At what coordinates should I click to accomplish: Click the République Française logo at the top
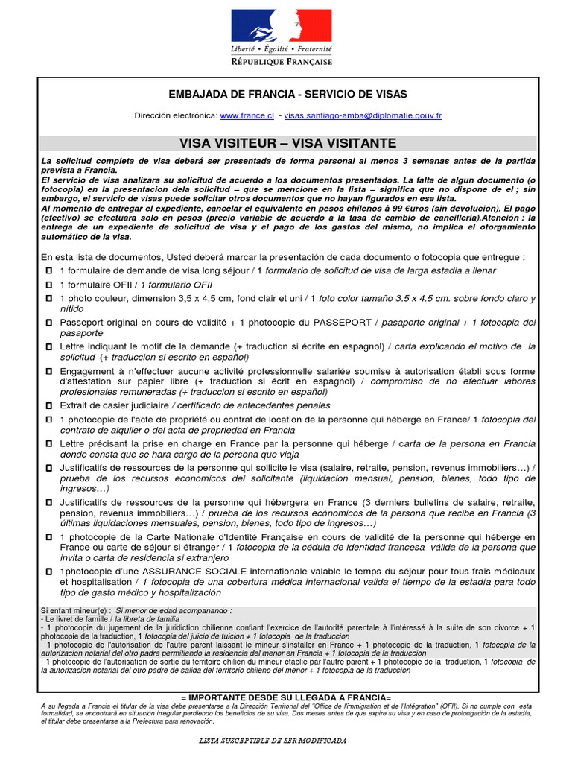pos(285,37)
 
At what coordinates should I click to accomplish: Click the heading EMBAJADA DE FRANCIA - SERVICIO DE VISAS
pos(286,94)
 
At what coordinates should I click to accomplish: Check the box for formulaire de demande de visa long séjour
pos(49,270)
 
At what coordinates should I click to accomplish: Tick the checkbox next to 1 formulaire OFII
pos(49,285)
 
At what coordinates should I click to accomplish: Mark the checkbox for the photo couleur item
pos(49,299)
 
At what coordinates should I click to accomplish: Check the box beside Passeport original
pos(49,323)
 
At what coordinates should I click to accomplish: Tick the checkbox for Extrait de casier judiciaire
pos(49,405)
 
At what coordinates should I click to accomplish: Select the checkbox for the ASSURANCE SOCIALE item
pos(49,570)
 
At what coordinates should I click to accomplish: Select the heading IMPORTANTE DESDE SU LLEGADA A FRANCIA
pos(287,696)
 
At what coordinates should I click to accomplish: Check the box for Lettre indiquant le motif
pos(49,346)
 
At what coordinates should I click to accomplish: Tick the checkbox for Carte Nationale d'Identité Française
pos(49,536)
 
